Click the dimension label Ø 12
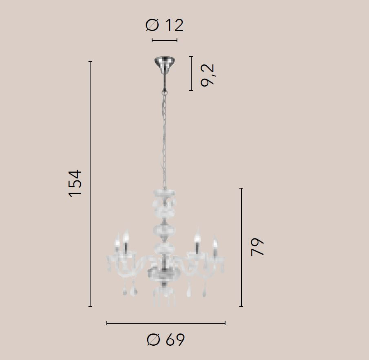point(164,25)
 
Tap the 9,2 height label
point(208,75)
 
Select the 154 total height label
point(75,183)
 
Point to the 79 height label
point(257,247)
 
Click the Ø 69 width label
point(166,340)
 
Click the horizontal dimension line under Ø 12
point(164,40)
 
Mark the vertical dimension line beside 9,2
point(191,73)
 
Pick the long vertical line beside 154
point(90,184)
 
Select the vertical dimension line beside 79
point(241,247)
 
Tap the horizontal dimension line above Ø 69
point(166,323)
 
